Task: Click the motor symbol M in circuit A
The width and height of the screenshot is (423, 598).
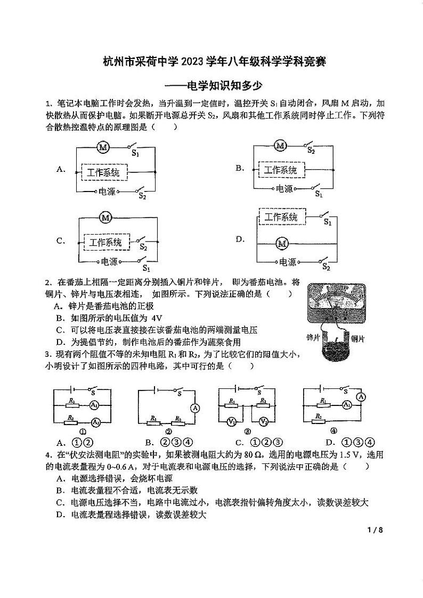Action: coord(103,147)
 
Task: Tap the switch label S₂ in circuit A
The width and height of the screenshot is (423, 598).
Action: coord(142,196)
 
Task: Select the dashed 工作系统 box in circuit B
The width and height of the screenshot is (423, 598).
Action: coord(281,170)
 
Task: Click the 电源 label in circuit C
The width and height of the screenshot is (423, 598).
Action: coord(109,261)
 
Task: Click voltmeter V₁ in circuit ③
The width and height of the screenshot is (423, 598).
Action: coord(232,422)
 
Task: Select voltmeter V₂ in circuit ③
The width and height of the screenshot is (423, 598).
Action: coord(263,422)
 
